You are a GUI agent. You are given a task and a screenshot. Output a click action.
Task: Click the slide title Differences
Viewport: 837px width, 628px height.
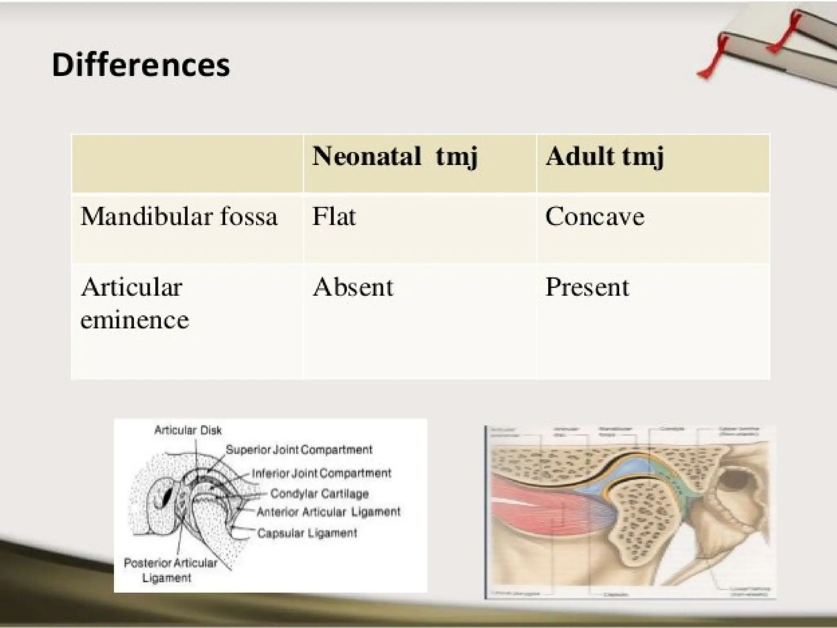pyautogui.click(x=141, y=65)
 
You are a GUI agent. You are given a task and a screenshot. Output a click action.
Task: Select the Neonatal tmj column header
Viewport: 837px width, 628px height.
pyautogui.click(x=394, y=157)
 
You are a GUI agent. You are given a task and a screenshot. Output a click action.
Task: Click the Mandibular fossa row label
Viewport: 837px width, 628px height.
pyautogui.click(x=179, y=216)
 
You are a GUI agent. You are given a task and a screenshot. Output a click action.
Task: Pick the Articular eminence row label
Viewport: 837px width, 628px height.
pyautogui.click(x=134, y=303)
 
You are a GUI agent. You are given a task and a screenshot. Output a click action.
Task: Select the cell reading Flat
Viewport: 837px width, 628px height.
pyautogui.click(x=334, y=216)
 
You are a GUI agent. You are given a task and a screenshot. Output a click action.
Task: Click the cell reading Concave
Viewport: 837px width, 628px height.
pyautogui.click(x=595, y=216)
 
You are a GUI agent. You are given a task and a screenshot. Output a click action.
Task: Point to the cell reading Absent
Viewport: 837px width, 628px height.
pyautogui.click(x=353, y=287)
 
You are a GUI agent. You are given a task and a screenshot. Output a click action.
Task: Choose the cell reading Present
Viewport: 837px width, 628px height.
pyautogui.click(x=587, y=287)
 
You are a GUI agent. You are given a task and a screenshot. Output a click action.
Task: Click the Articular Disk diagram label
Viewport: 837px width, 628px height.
pyautogui.click(x=188, y=430)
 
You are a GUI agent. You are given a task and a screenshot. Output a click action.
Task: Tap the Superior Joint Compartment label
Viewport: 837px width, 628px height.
pyautogui.click(x=299, y=450)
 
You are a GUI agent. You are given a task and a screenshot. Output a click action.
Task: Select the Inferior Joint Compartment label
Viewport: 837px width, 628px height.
pyautogui.click(x=321, y=473)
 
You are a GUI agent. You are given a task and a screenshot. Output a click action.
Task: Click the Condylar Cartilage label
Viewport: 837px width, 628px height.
pyautogui.click(x=319, y=494)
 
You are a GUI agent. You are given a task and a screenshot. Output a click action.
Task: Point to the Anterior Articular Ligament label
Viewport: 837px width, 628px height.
pyautogui.click(x=329, y=512)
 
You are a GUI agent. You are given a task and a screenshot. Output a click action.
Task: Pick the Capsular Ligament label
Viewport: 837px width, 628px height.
pyautogui.click(x=307, y=533)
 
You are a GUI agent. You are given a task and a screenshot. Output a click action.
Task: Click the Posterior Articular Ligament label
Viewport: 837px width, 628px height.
pyautogui.click(x=170, y=570)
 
